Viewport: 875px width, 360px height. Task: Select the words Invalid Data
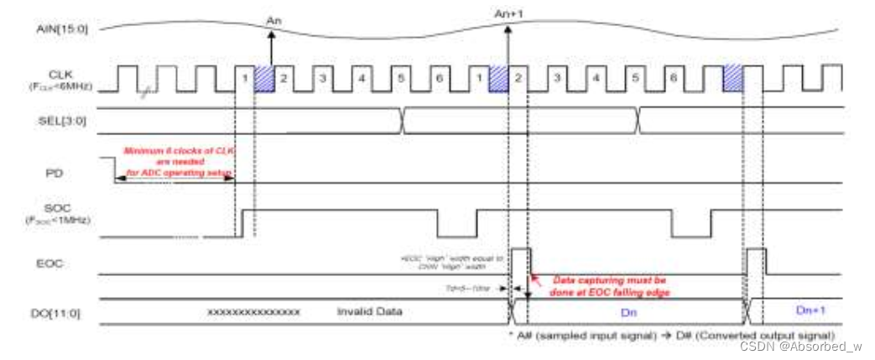(369, 311)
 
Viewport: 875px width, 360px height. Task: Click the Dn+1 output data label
(811, 310)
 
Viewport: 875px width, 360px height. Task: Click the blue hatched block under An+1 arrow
(498, 79)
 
